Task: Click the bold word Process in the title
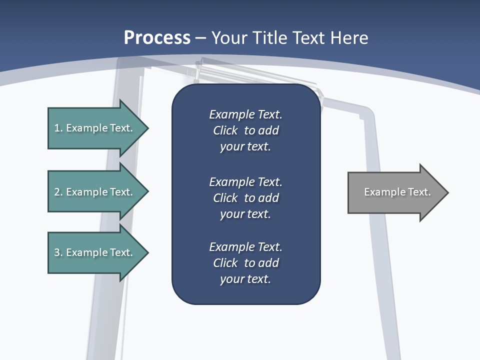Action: tap(157, 38)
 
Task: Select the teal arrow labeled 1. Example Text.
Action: tap(93, 128)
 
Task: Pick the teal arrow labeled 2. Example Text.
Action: tap(93, 192)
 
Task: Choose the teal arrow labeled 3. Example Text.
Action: tap(93, 252)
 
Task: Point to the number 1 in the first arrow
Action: tap(57, 128)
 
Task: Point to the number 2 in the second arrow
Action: tap(57, 192)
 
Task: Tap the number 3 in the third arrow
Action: tap(57, 252)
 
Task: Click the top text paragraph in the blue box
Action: tap(245, 130)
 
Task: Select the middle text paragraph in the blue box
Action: tap(245, 197)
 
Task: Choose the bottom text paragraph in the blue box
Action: tap(245, 263)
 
